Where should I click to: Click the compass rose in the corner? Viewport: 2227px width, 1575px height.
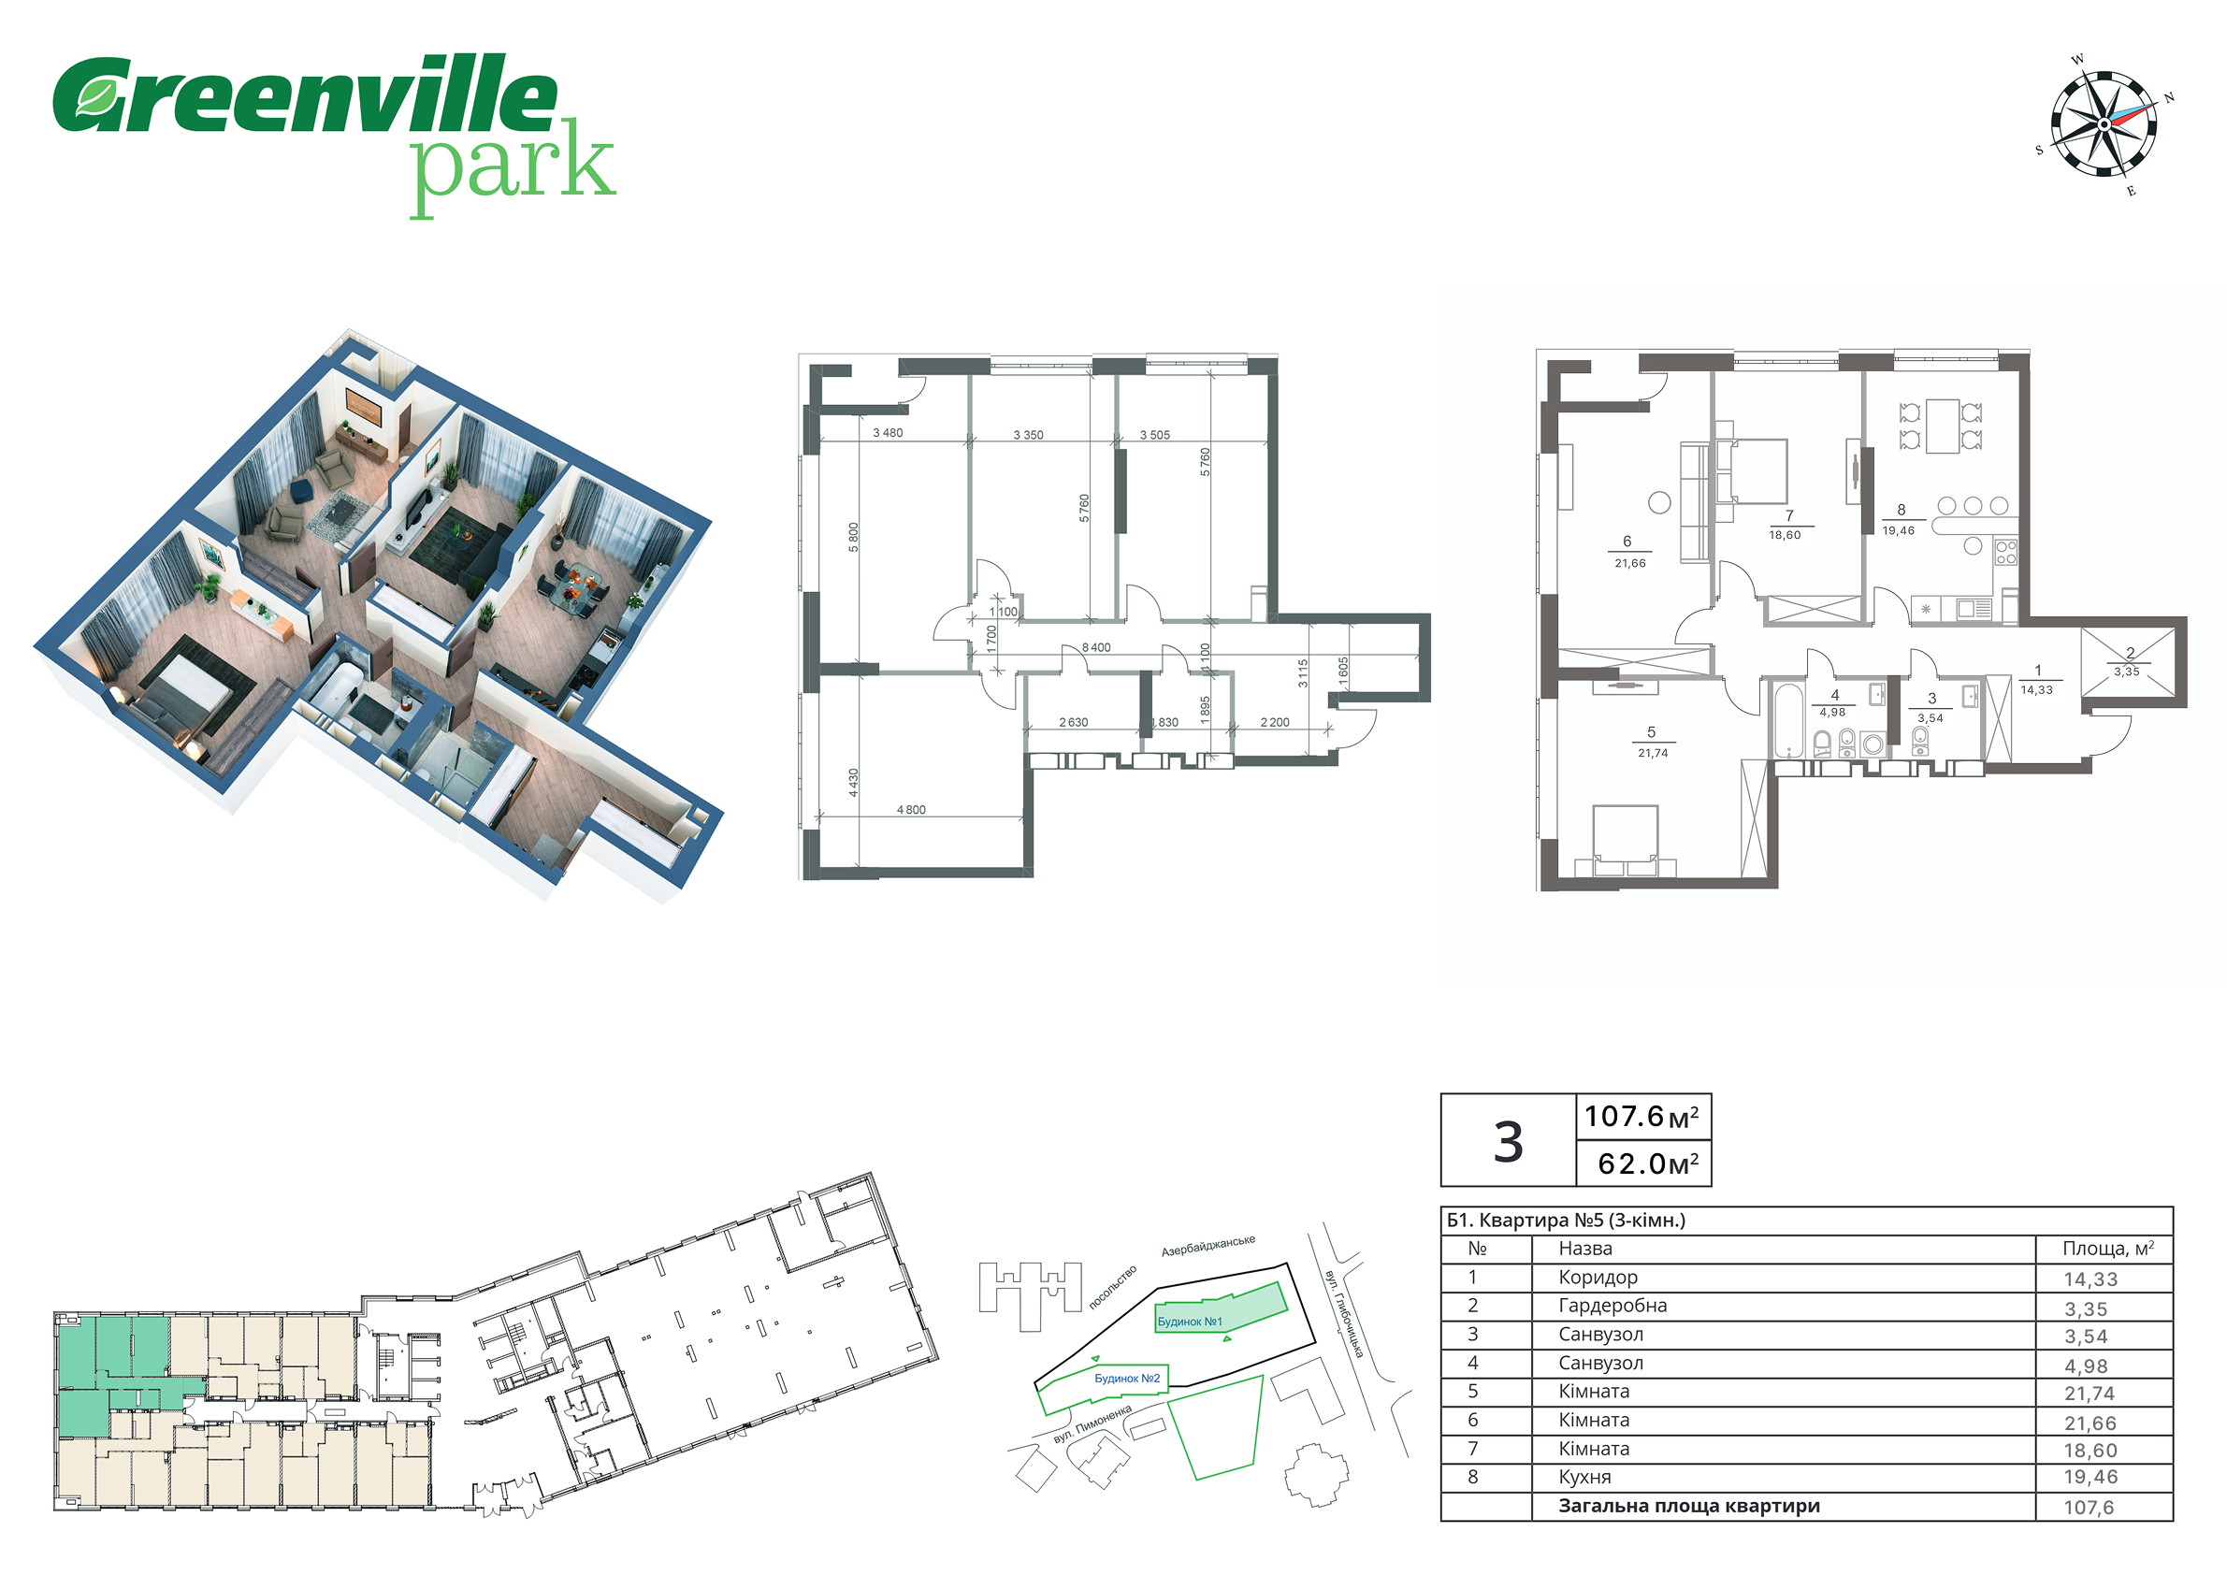2104,125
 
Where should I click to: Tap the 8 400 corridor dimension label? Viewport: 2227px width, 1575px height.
1096,648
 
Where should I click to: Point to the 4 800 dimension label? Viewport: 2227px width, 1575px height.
911,810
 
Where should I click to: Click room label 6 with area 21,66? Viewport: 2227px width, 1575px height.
1629,552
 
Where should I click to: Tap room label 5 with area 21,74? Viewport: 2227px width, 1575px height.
1652,742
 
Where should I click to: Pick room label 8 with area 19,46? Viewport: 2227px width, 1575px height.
1899,520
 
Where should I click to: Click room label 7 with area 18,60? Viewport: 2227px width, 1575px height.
1786,525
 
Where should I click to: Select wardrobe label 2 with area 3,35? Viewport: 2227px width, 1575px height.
2127,661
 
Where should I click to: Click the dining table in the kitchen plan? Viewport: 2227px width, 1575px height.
1943,426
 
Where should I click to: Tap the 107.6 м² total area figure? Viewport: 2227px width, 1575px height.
1641,1117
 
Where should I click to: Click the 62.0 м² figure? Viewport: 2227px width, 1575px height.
1648,1163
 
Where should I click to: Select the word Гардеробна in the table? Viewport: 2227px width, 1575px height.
1613,1306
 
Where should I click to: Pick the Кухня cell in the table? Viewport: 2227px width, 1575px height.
1584,1477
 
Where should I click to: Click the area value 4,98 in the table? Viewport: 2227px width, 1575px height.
2087,1365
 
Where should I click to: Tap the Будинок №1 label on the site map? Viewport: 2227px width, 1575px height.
1190,1322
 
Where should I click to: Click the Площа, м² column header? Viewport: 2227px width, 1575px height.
2108,1249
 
